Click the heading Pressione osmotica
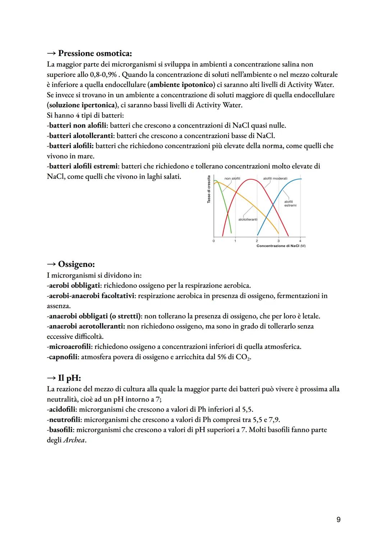click(95, 54)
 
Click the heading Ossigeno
click(76, 264)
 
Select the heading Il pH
click(69, 378)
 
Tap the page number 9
click(338, 519)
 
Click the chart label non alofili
click(232, 179)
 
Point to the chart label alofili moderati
click(275, 179)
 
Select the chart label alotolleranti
click(248, 219)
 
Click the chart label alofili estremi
click(290, 204)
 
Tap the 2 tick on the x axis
click(257, 241)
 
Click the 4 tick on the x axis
click(300, 241)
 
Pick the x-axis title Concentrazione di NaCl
click(281, 246)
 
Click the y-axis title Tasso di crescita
click(208, 189)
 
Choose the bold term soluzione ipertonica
click(83, 105)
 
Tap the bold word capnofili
click(63, 357)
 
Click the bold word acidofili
click(62, 409)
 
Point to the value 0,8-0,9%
click(102, 75)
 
